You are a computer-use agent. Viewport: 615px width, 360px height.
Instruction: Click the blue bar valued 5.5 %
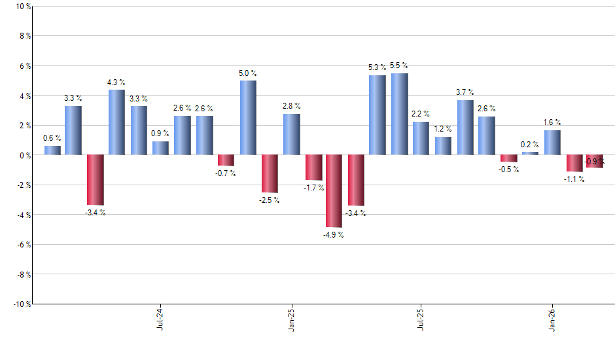(x=399, y=114)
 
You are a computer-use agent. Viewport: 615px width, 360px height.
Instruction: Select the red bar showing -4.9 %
(x=334, y=191)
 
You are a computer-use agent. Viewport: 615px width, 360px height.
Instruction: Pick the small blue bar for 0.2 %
(x=530, y=153)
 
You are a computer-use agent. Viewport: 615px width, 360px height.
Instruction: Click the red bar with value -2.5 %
(x=270, y=173)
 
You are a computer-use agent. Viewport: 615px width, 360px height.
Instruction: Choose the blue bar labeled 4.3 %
(x=116, y=122)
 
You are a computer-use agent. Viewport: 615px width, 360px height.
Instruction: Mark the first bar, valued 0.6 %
(x=52, y=151)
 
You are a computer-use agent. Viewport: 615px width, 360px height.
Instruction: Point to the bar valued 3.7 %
(x=465, y=128)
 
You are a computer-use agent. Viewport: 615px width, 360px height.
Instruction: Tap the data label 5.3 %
(x=377, y=67)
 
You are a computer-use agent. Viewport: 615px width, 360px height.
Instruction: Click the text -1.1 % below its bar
(x=574, y=179)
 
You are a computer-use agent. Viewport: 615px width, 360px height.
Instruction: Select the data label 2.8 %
(x=291, y=105)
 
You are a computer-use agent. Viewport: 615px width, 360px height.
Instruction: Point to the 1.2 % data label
(x=442, y=128)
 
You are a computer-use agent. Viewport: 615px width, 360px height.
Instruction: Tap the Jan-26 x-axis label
(x=552, y=319)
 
